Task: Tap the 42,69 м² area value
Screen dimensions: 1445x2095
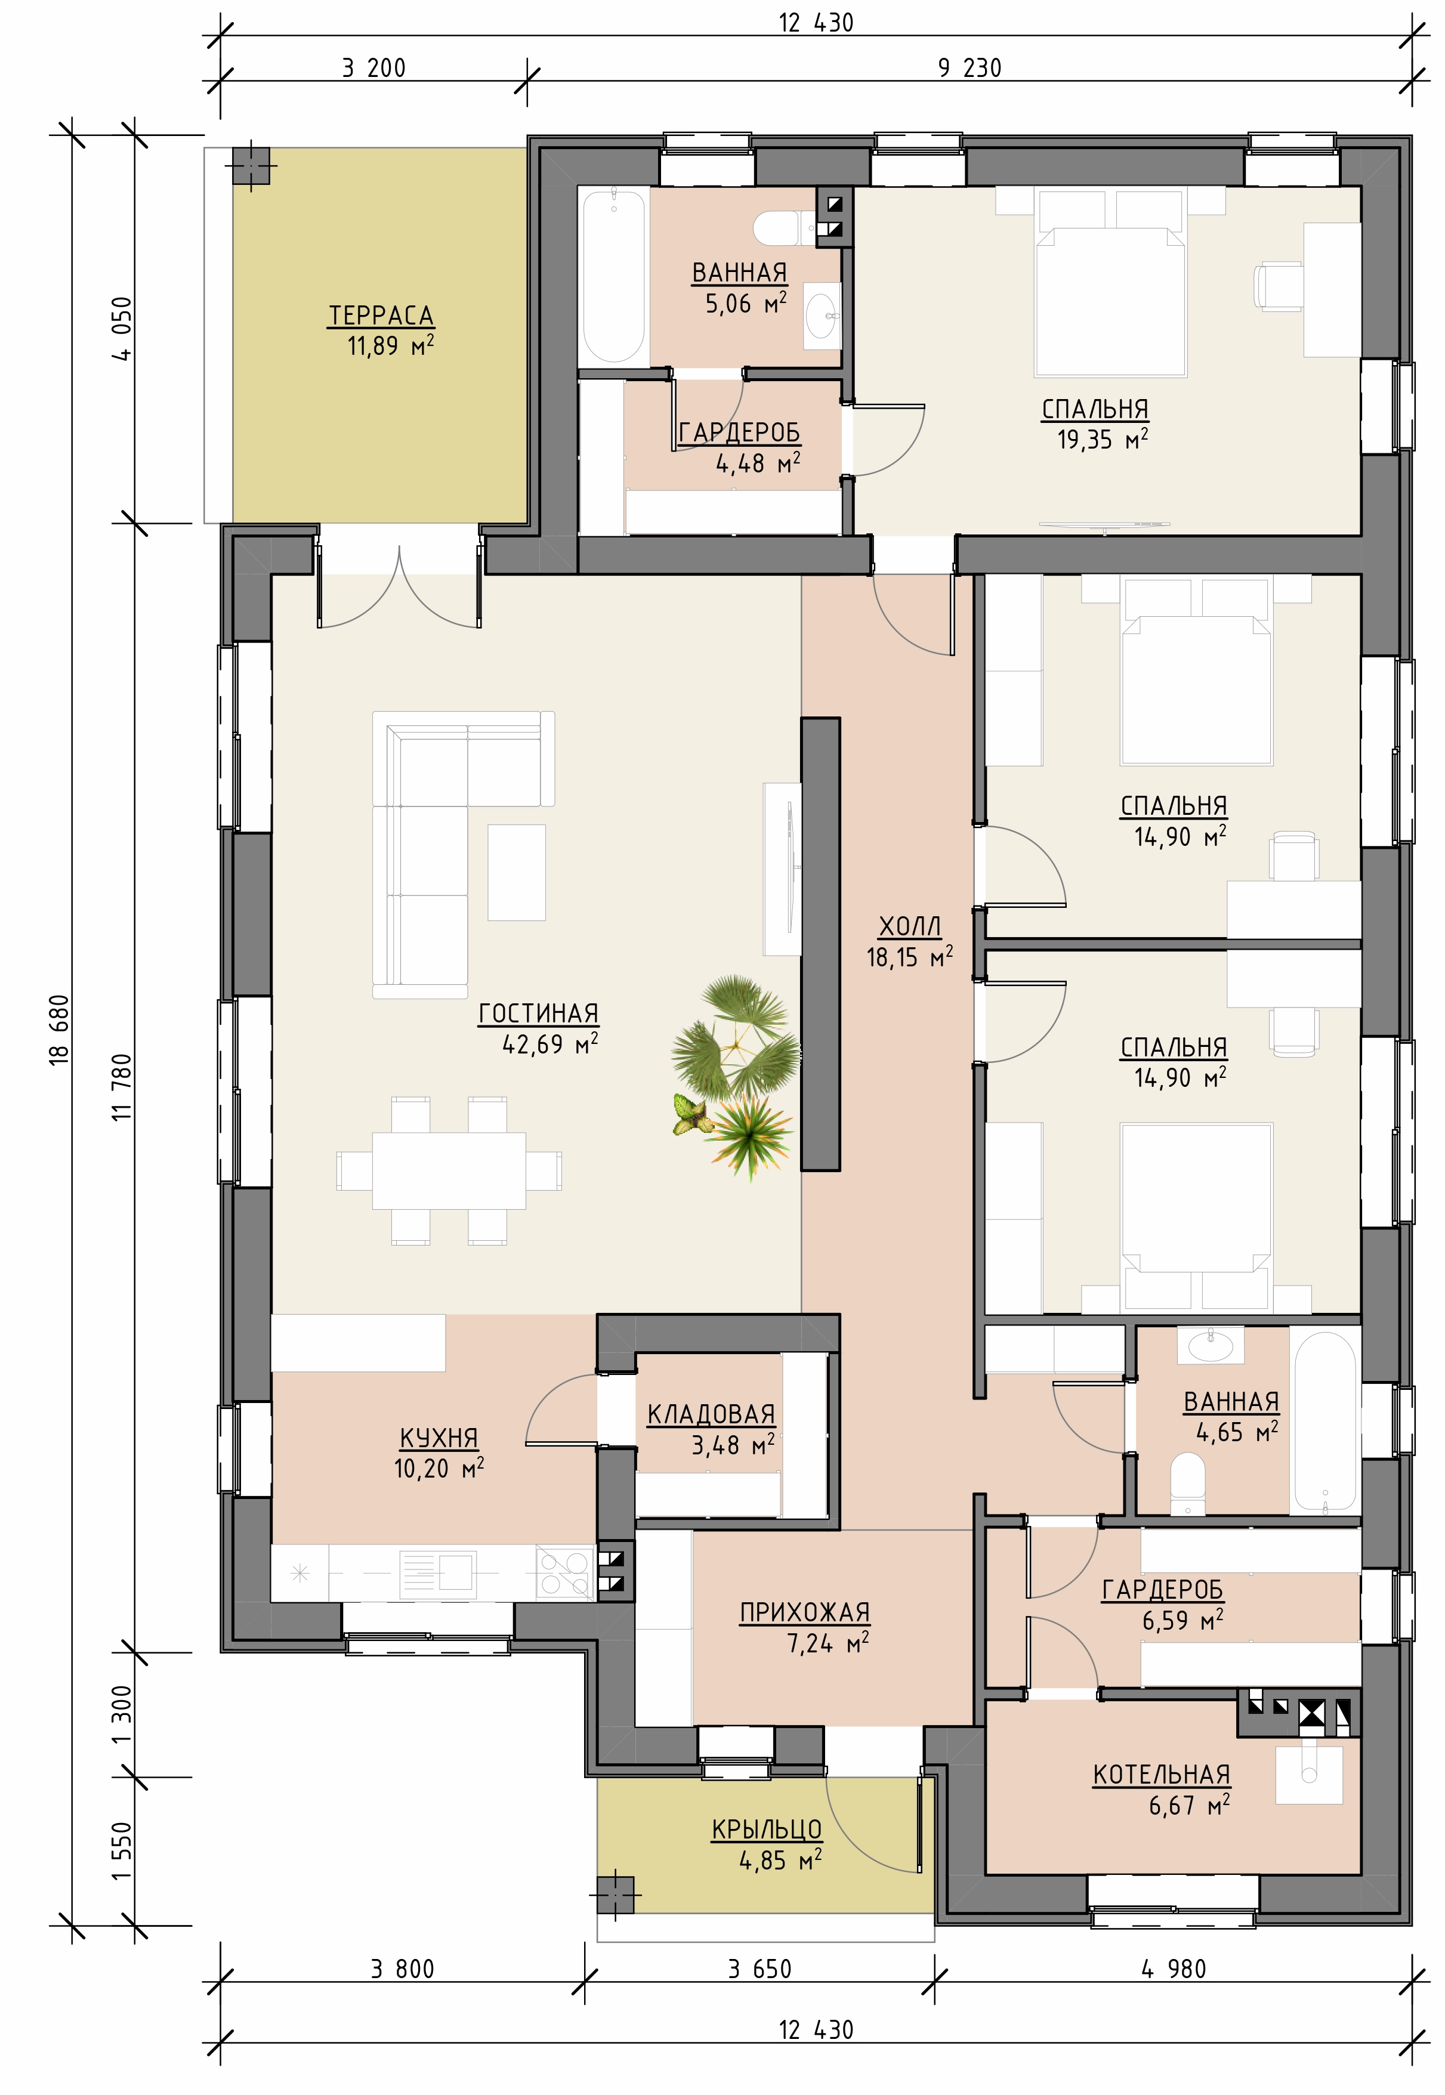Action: [549, 1044]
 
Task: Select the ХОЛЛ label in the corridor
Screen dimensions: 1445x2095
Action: [910, 926]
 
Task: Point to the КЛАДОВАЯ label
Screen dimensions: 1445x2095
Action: [711, 1414]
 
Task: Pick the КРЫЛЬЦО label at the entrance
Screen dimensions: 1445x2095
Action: [767, 1830]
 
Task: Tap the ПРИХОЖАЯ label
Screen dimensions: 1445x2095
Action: [805, 1612]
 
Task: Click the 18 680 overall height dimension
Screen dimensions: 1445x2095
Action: [59, 1030]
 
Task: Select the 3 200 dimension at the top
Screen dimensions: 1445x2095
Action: [374, 68]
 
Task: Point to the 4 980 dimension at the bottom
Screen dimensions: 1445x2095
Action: [1174, 1969]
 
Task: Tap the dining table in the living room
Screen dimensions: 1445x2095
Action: [449, 1170]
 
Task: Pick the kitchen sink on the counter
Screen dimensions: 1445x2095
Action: [437, 1572]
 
